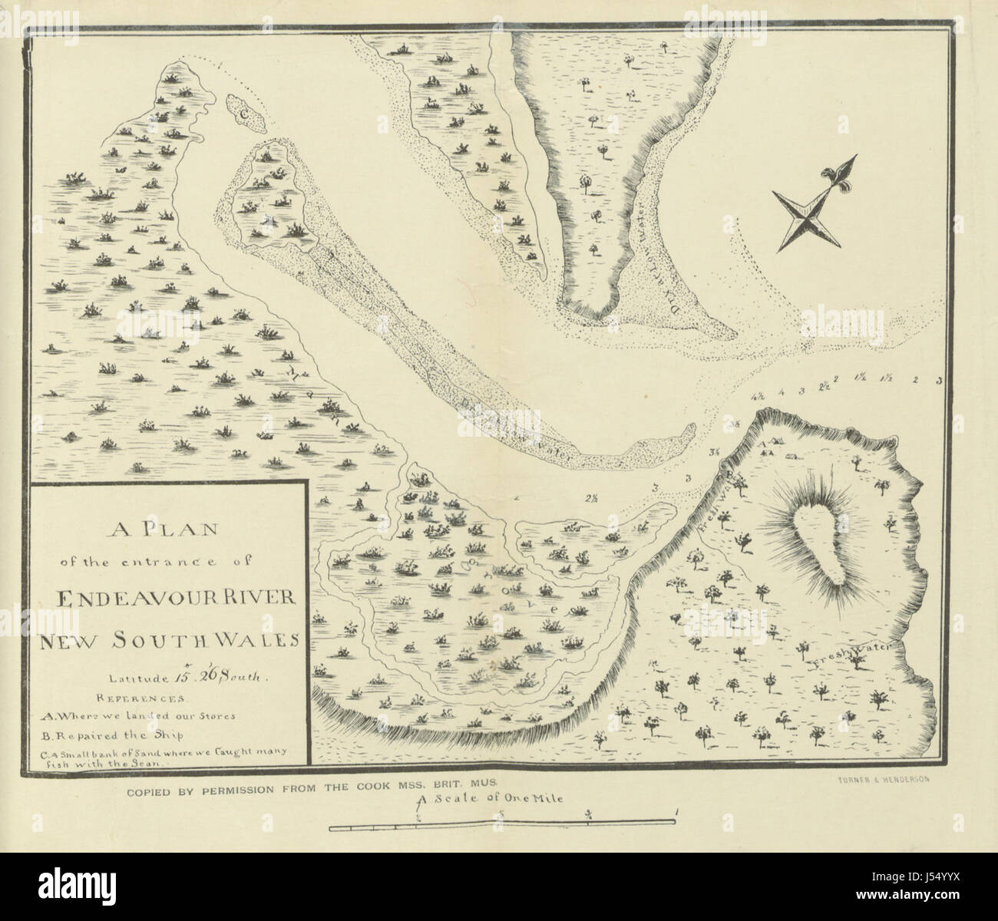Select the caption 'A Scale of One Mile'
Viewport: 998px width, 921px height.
coord(492,798)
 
